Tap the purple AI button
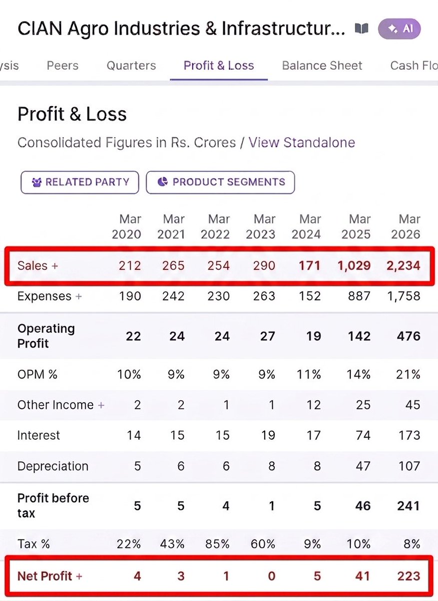click(399, 29)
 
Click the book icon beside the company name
click(361, 29)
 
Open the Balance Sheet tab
click(322, 66)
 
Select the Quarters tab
click(131, 66)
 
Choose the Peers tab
click(63, 66)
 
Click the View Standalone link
click(302, 142)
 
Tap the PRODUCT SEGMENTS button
click(220, 182)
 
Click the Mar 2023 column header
click(261, 227)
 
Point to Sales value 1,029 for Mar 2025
click(354, 266)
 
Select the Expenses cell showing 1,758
click(403, 296)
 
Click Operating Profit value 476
click(408, 336)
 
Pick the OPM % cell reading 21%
click(408, 374)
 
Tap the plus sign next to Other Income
click(101, 405)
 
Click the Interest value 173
click(409, 435)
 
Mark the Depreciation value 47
click(363, 466)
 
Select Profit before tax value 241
click(408, 506)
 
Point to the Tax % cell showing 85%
click(217, 544)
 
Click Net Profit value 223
click(409, 576)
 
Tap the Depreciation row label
click(53, 466)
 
